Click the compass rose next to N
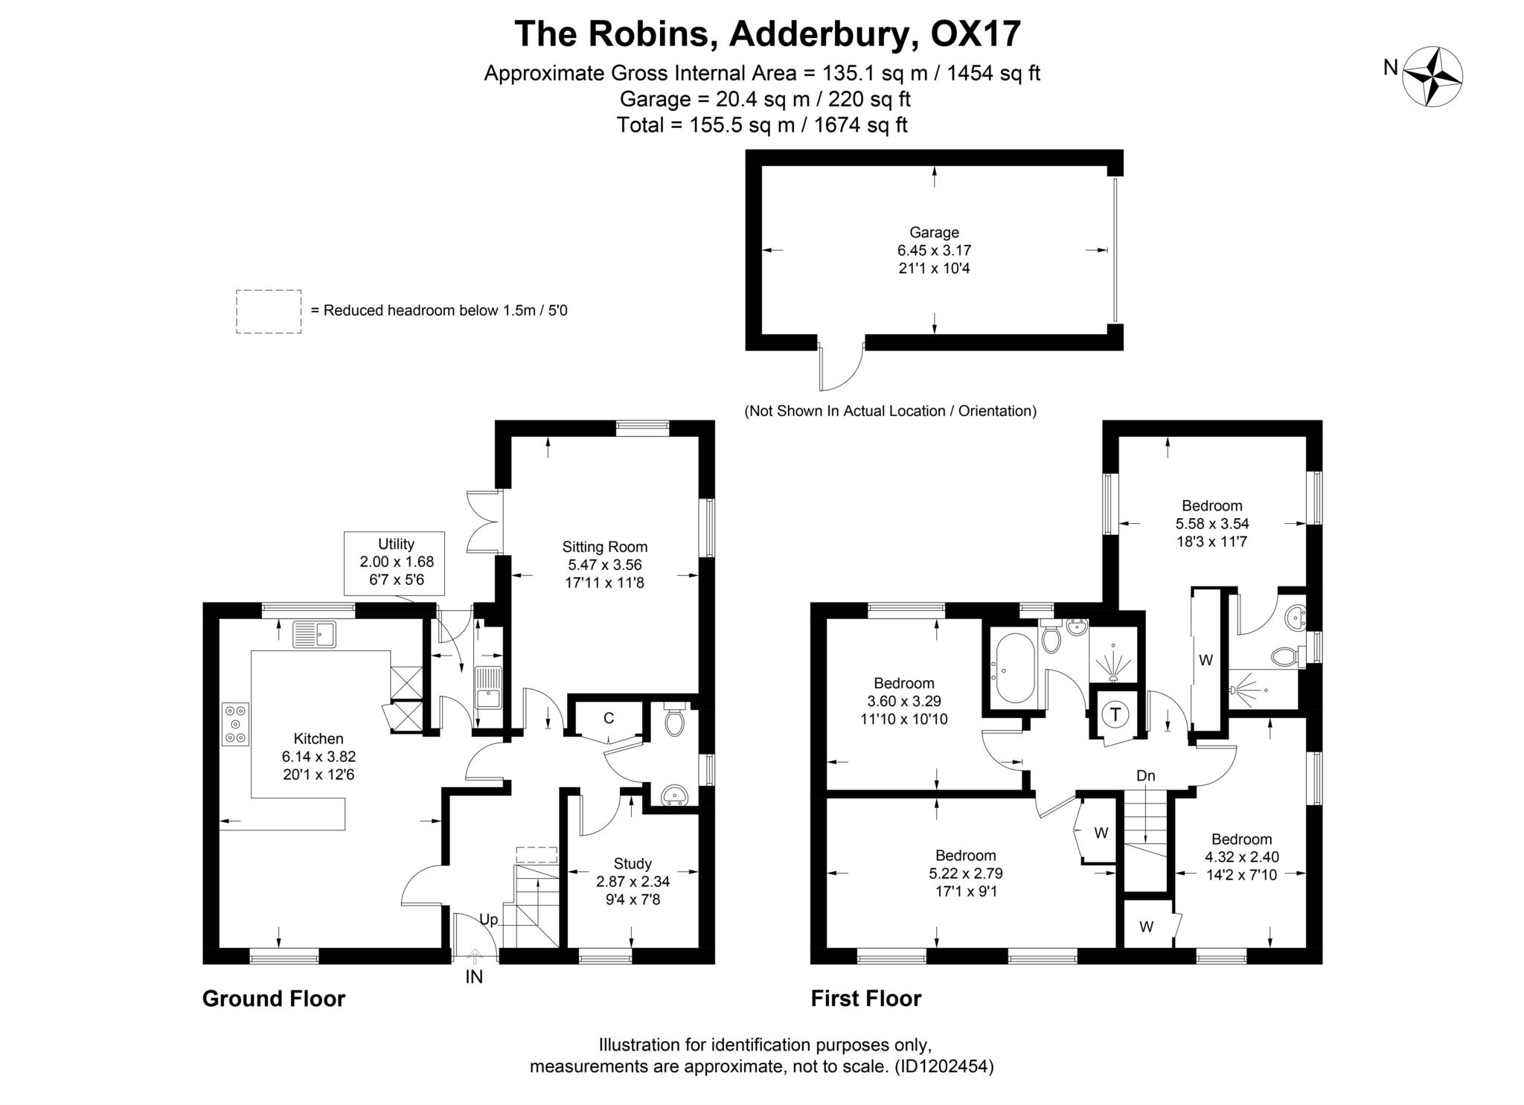click(1432, 76)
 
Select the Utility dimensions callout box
click(395, 563)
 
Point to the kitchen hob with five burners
click(235, 723)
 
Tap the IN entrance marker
click(474, 976)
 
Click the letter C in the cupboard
click(608, 718)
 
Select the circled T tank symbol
click(1115, 714)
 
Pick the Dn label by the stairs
click(1145, 775)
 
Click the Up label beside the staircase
click(488, 919)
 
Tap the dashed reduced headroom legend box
click(269, 311)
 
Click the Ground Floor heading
click(274, 999)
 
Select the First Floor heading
click(866, 999)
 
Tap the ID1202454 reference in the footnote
click(944, 1066)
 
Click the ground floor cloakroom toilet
click(674, 720)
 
